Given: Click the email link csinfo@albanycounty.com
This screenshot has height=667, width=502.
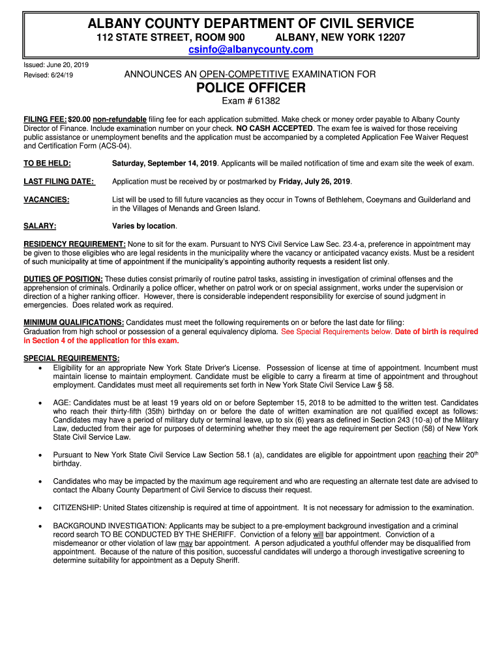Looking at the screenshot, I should (x=251, y=50).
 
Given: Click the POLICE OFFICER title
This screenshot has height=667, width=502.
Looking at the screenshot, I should (x=251, y=88).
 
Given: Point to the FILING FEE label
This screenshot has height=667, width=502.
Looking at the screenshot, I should (x=44, y=120).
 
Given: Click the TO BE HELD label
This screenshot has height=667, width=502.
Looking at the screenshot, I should (x=47, y=163).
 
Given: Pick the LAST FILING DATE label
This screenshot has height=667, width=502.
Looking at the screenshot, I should (x=59, y=181).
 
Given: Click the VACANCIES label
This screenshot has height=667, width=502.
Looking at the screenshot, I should (x=46, y=199).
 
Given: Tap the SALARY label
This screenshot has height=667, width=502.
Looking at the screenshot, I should (x=40, y=226).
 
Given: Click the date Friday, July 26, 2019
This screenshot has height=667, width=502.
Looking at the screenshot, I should (x=314, y=181).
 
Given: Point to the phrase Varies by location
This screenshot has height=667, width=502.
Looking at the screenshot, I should (x=144, y=226).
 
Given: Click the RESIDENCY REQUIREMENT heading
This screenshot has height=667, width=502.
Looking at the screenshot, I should (x=74, y=244).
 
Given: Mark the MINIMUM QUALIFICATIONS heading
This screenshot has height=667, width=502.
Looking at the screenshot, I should (x=74, y=322).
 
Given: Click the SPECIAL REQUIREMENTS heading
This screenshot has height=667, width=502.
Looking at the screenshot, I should (x=71, y=358).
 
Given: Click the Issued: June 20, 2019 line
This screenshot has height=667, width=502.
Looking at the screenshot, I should (x=56, y=65).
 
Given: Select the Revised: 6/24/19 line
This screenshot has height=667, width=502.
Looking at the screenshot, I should (x=48, y=76).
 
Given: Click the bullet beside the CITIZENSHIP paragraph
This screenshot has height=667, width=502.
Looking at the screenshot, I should (x=40, y=508).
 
